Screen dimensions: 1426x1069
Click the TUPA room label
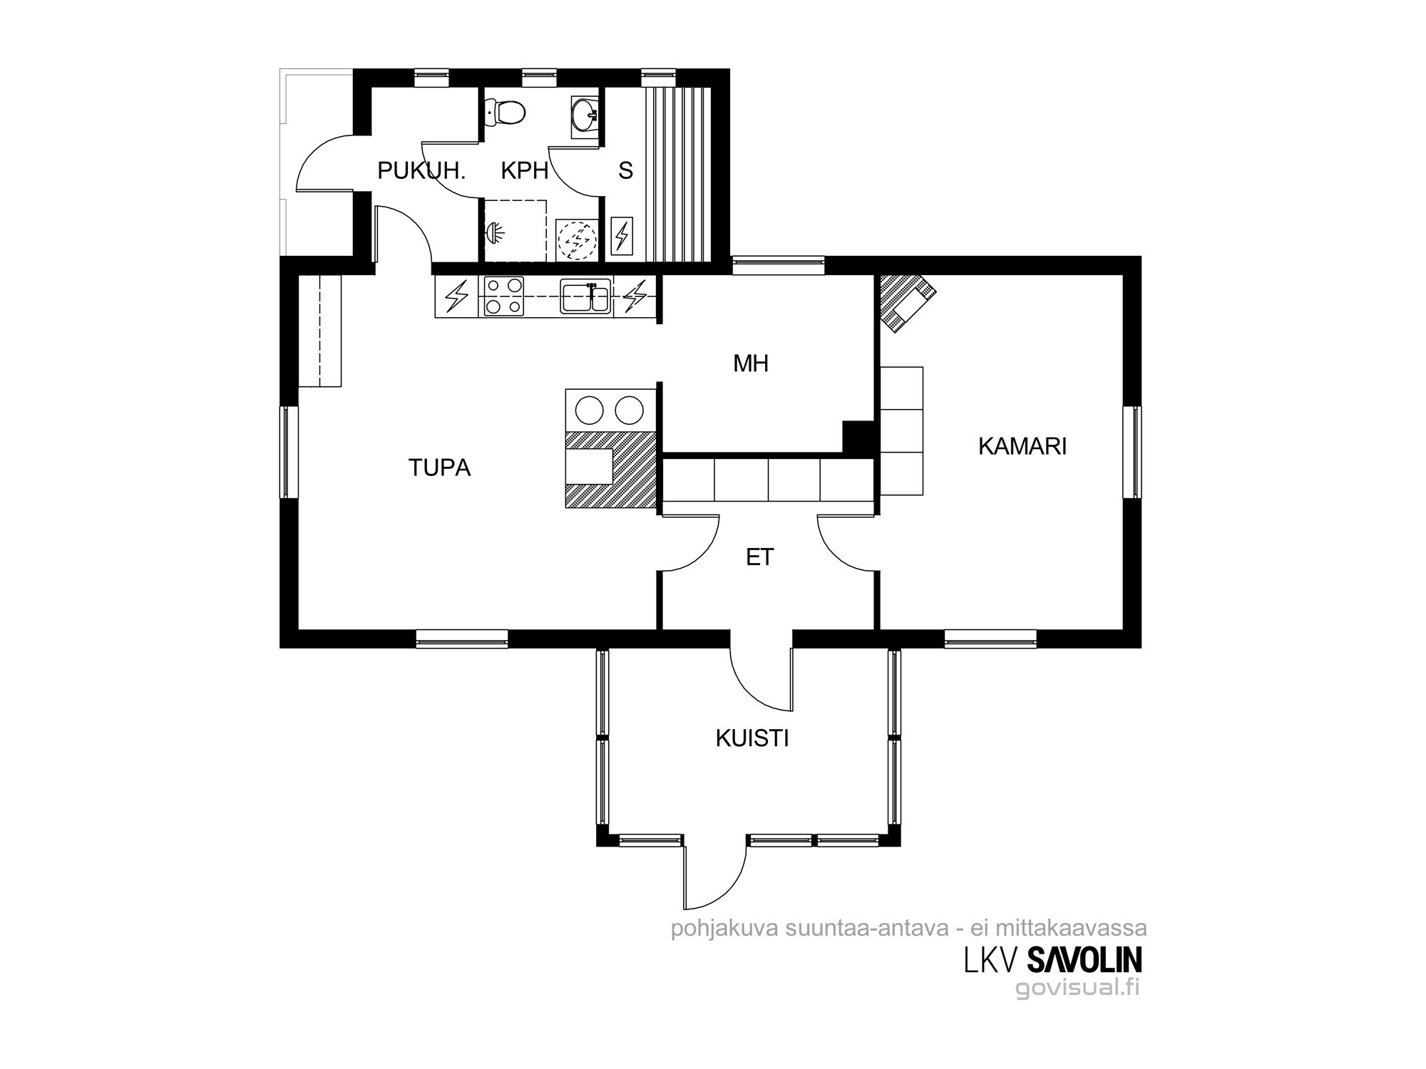click(x=439, y=468)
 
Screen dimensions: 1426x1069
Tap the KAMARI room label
click(x=1022, y=447)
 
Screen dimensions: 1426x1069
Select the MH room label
click(x=751, y=364)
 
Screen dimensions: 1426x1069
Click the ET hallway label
click(x=760, y=557)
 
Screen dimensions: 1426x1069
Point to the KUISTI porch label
click(x=752, y=739)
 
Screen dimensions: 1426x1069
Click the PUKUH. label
click(x=421, y=171)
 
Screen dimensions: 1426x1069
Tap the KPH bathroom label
click(x=525, y=171)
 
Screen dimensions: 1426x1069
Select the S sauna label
click(x=626, y=171)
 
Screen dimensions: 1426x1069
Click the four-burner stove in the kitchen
click(x=503, y=296)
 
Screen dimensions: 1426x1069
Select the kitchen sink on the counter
click(x=585, y=296)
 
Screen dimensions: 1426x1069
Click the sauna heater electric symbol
click(x=623, y=234)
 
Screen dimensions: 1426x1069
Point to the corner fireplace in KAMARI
click(x=904, y=301)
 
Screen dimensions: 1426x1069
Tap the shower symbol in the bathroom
click(x=495, y=231)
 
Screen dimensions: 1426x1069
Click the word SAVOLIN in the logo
click(x=1084, y=959)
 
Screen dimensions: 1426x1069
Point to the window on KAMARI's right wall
click(x=1132, y=452)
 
